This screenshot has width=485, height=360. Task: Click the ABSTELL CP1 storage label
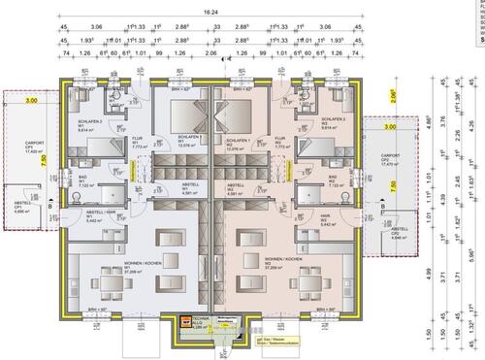tap(20, 208)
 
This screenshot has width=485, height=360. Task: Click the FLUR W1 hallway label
tap(138, 142)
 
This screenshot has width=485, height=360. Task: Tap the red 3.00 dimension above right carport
tap(390, 128)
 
